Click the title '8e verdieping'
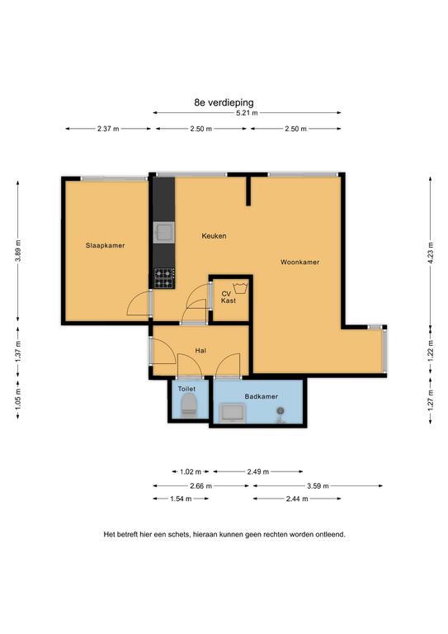point(224,102)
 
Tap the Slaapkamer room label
point(105,245)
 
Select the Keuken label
point(215,236)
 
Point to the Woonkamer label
point(300,262)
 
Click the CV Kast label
point(229,297)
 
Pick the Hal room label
point(200,350)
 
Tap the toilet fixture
point(188,405)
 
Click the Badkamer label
point(262,396)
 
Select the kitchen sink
point(164,232)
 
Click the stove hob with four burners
point(164,278)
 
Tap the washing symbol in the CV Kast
point(241,288)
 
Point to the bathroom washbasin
point(233,414)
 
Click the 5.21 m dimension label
point(247,113)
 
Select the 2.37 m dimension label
point(108,129)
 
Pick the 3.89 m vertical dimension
point(18,251)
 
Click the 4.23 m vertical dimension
point(430,253)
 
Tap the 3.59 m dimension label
point(318,486)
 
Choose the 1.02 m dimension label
point(191,472)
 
